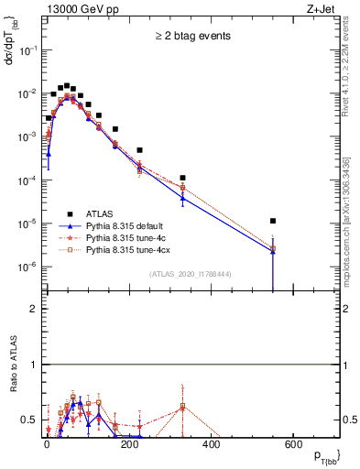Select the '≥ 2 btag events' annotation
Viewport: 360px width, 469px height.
[191, 36]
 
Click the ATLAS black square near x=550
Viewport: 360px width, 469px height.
[273, 220]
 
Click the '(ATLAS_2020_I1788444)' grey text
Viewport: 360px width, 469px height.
[190, 272]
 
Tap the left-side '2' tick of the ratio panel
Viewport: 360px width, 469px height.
[32, 309]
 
